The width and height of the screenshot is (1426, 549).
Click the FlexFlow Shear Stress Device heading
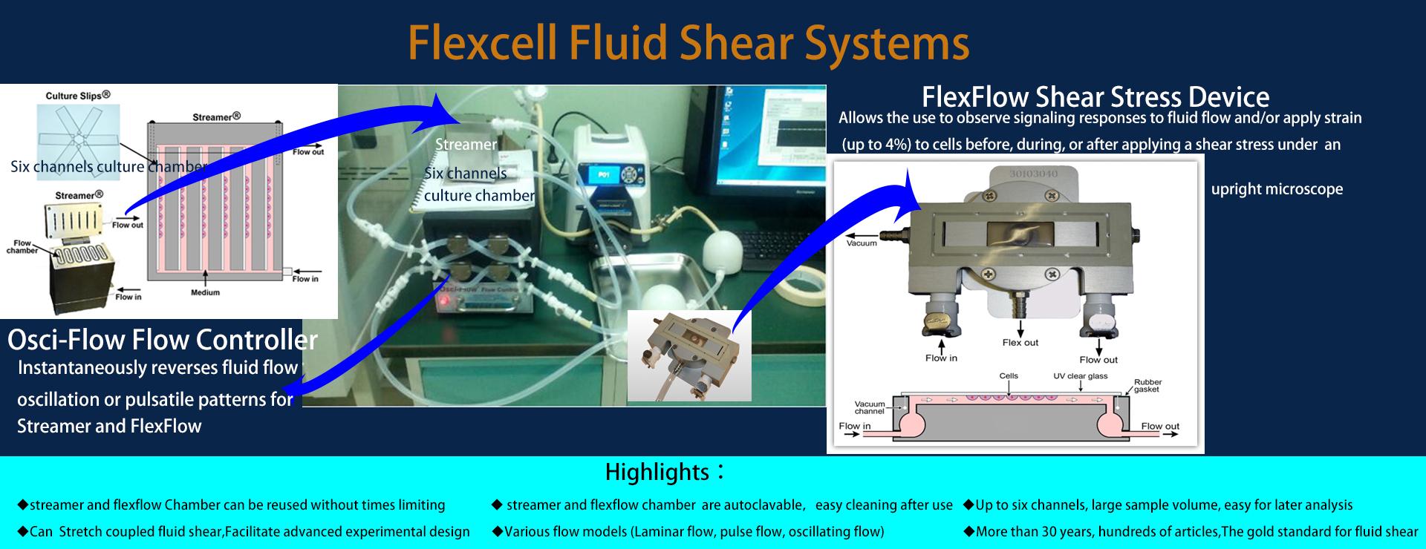1095,96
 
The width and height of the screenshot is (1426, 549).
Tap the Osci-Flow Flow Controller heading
162,340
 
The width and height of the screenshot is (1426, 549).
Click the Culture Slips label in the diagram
78,96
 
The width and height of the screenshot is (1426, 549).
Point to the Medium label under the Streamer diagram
205,292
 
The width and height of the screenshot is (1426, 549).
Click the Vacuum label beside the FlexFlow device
862,243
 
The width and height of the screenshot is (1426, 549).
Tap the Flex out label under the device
1020,343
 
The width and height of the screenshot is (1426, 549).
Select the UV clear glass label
1080,376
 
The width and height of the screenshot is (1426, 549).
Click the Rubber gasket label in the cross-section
1147,386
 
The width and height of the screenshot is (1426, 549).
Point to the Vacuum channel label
869,407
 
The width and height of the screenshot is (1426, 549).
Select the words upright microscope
1276,189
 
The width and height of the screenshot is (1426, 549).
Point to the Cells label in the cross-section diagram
1008,376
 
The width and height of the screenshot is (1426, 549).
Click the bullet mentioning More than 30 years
1191,531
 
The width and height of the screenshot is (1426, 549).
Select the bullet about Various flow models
688,531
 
